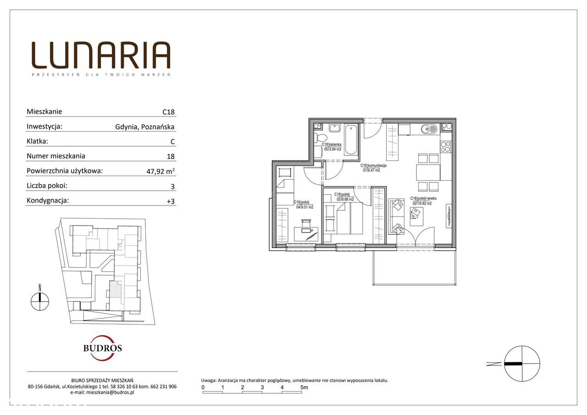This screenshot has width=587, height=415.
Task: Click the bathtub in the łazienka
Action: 351,139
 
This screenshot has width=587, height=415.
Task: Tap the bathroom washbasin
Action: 333,128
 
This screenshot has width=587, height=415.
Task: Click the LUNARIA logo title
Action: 101,55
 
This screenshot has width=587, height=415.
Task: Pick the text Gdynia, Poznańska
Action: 145,127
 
